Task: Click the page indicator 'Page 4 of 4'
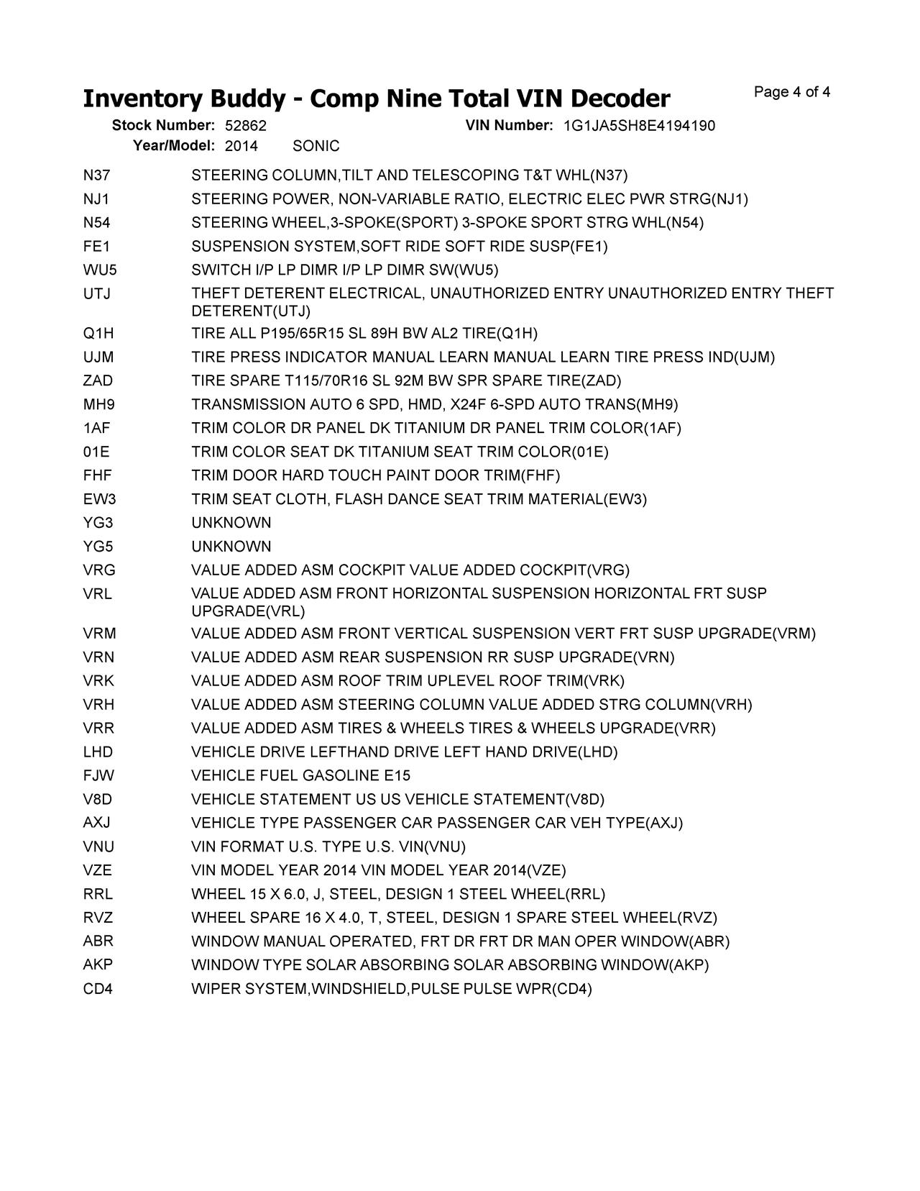point(792,92)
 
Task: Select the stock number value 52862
point(246,126)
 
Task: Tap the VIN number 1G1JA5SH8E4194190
point(639,126)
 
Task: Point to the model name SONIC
point(316,146)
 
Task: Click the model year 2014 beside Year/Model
point(241,146)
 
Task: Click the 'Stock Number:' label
point(163,126)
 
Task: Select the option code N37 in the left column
point(96,175)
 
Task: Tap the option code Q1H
point(98,334)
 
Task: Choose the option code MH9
point(98,405)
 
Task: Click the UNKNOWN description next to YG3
point(231,523)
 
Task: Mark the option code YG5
point(98,547)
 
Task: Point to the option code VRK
point(98,681)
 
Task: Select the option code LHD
point(98,752)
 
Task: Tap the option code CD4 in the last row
point(98,989)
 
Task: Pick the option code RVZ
point(98,918)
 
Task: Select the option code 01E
point(96,452)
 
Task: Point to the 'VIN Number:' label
point(509,126)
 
